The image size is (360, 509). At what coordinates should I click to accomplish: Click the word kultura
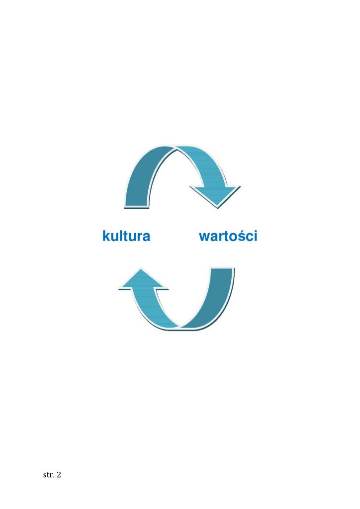coord(126,236)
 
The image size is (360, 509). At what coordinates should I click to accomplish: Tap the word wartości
coord(228,236)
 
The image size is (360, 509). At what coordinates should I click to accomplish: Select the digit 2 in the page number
coord(59,475)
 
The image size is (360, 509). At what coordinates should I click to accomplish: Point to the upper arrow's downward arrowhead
coord(216,196)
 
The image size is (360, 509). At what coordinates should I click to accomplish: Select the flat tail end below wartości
coord(222,269)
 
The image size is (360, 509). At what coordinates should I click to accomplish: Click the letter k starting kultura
coord(106,236)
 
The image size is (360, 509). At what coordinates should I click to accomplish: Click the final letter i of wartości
coord(256,236)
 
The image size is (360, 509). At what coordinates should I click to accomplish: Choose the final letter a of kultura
coord(146,237)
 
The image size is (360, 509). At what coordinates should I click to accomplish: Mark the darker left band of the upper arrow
coord(140,175)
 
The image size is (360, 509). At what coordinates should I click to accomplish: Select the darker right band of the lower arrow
coord(217,302)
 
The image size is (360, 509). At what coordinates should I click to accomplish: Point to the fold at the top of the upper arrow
coord(176,148)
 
